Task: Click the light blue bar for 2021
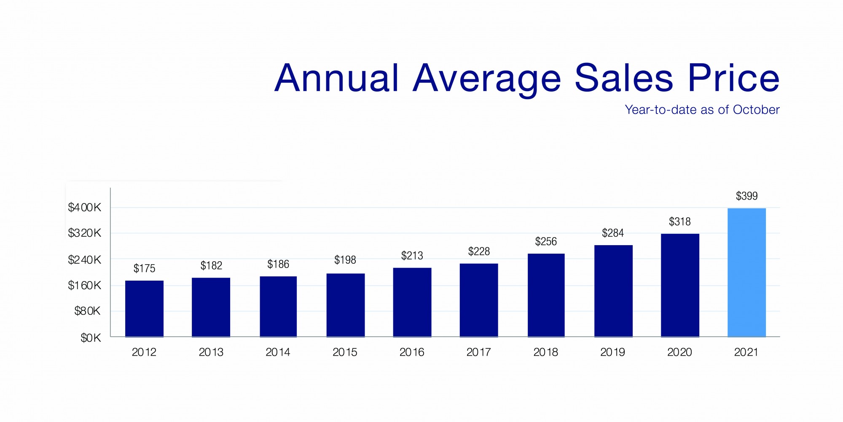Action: point(746,272)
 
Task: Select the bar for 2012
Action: point(144,308)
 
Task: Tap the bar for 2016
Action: point(412,302)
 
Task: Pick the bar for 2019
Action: point(613,291)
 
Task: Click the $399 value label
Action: point(746,196)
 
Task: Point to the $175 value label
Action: point(144,268)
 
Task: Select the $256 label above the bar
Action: point(546,242)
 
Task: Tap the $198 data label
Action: point(345,260)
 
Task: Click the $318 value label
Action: point(679,222)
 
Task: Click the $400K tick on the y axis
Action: point(85,208)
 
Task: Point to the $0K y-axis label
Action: point(91,338)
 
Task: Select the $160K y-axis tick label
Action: point(85,286)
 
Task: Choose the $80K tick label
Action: point(87,311)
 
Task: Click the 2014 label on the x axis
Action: point(278,352)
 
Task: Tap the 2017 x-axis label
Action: point(479,352)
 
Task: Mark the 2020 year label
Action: point(679,352)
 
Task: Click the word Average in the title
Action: point(487,79)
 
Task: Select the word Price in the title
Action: point(733,78)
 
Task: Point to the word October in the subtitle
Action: point(756,110)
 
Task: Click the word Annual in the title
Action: point(336,78)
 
